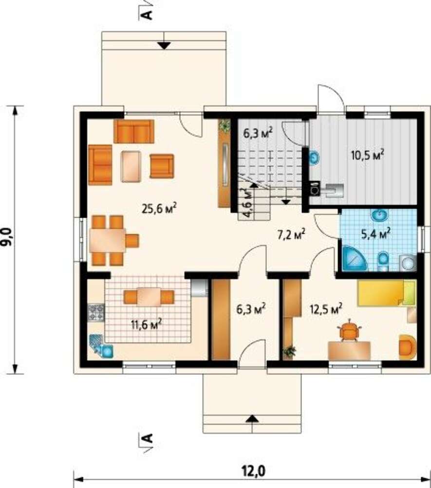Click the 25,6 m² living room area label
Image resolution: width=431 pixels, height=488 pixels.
pyautogui.click(x=159, y=208)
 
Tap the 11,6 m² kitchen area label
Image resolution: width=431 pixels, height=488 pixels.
pyautogui.click(x=146, y=325)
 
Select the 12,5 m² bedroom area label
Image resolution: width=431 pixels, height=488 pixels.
pyautogui.click(x=326, y=308)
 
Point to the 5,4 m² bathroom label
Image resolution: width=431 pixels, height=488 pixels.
pyautogui.click(x=376, y=233)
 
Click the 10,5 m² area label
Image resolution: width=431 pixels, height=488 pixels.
pyautogui.click(x=367, y=154)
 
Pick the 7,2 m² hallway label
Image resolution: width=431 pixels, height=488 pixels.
pyautogui.click(x=291, y=235)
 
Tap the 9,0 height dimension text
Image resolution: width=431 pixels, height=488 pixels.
pyautogui.click(x=7, y=237)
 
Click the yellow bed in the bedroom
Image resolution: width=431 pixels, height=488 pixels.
pyautogui.click(x=387, y=293)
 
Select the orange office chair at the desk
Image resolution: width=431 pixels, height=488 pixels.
pyautogui.click(x=350, y=330)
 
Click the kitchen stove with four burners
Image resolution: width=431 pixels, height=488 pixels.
pyautogui.click(x=96, y=312)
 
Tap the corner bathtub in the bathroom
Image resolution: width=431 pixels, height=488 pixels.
pyautogui.click(x=355, y=258)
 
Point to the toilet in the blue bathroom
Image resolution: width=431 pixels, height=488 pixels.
pyautogui.click(x=383, y=261)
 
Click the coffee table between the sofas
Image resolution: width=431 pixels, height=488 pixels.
pyautogui.click(x=131, y=166)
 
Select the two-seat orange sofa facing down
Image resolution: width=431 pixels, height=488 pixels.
pyautogui.click(x=134, y=131)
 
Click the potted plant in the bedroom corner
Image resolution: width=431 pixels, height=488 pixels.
pyautogui.click(x=290, y=351)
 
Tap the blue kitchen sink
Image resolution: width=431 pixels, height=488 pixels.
pyautogui.click(x=101, y=346)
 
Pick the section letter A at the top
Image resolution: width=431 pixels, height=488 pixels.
pyautogui.click(x=148, y=15)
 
